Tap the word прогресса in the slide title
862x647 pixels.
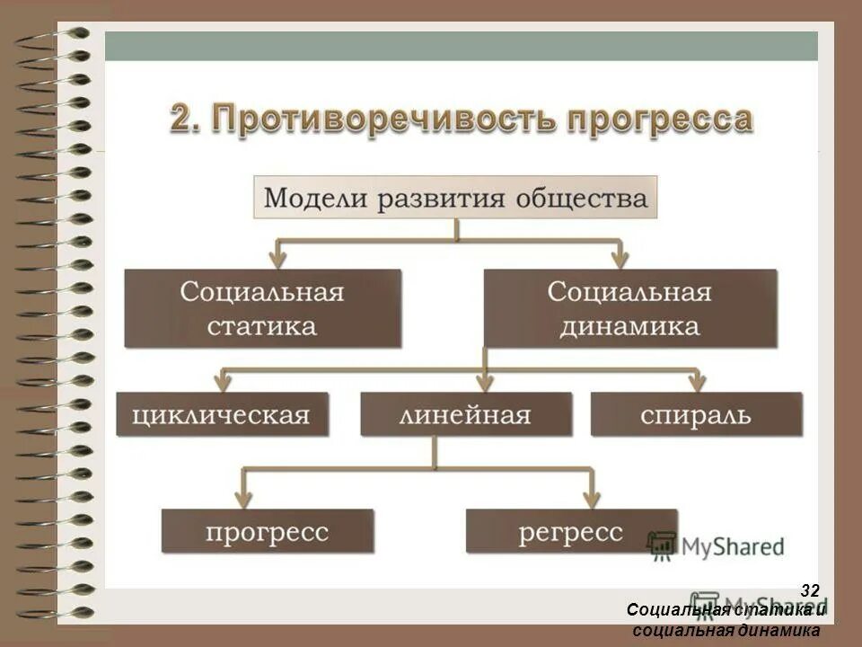649,120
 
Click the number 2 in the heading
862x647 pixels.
183,120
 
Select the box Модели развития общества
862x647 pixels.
457,198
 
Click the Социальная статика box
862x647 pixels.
262,308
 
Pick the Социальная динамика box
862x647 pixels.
629,308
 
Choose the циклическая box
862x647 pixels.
222,415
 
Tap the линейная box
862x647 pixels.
466,415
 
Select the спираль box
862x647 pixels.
696,415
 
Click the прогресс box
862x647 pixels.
267,531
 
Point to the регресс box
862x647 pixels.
571,531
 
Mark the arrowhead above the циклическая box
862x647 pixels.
222,382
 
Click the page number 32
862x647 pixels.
810,590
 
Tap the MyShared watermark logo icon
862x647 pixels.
662,544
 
